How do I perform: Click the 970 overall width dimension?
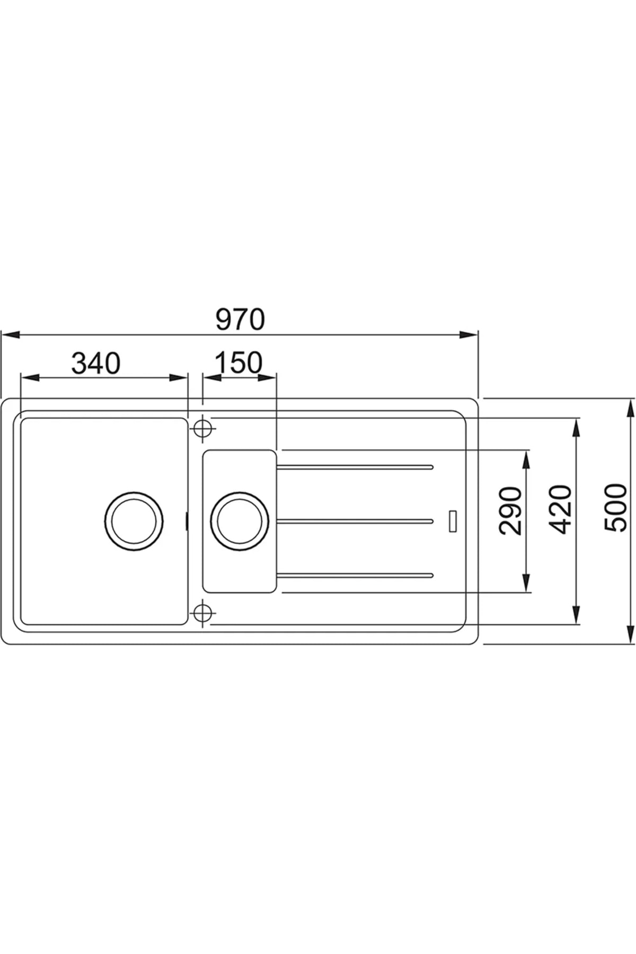coord(240,320)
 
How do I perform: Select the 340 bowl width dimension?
coord(96,363)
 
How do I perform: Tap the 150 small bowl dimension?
coord(238,363)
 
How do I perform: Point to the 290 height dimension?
coord(511,510)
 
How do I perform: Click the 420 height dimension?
coord(561,509)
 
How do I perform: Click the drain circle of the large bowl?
coord(134,520)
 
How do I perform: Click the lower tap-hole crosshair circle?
coord(201,613)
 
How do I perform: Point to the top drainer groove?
coord(355,467)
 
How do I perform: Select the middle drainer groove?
coord(355,521)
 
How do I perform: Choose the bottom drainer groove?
coord(355,575)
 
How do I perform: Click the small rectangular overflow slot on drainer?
coord(453,521)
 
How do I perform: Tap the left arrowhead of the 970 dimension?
coord(11,334)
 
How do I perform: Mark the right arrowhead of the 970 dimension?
coord(469,334)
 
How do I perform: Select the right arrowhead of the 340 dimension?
coord(179,377)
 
